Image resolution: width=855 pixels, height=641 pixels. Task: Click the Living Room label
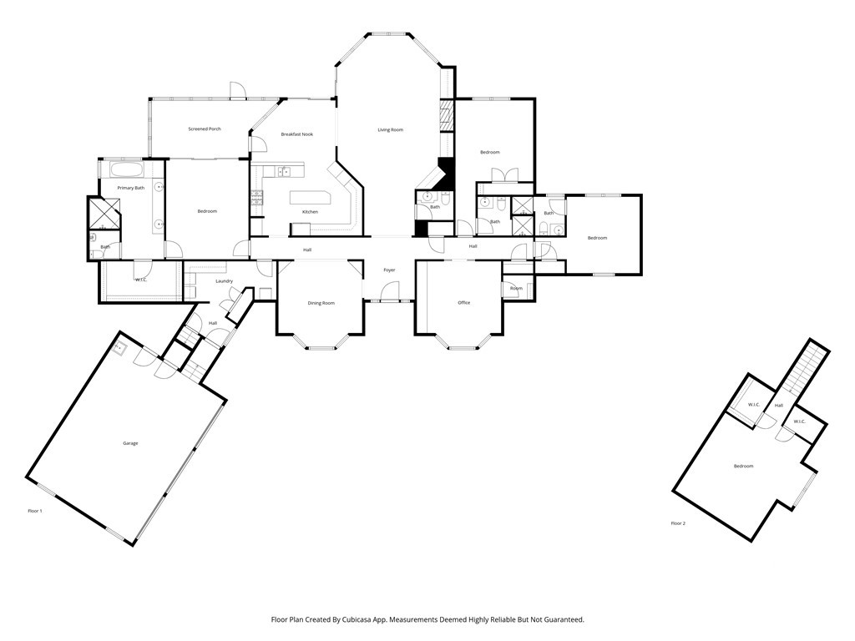point(390,130)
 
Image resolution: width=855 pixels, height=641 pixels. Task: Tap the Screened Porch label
point(205,129)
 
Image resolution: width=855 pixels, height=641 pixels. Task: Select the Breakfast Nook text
point(296,134)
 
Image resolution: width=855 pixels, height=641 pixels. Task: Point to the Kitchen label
point(310,212)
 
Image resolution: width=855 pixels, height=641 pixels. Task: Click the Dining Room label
point(321,303)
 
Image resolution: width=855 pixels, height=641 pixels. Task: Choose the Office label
point(464,303)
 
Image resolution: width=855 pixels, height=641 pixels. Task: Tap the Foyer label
point(389,270)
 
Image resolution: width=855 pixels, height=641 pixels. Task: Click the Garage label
point(130,443)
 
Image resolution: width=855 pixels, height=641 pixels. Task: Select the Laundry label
point(224,281)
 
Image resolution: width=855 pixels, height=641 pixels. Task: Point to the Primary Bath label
point(130,189)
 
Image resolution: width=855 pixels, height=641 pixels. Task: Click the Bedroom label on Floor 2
point(743,466)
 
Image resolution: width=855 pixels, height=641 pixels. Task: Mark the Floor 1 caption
point(34,510)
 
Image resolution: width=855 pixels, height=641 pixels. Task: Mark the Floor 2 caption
point(678,523)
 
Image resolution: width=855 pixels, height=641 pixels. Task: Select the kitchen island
point(311,199)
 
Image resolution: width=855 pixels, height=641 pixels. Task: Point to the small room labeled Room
point(517,289)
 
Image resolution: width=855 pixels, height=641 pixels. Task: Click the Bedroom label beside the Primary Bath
point(207,211)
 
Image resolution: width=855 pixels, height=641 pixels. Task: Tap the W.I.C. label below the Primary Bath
point(141,280)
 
